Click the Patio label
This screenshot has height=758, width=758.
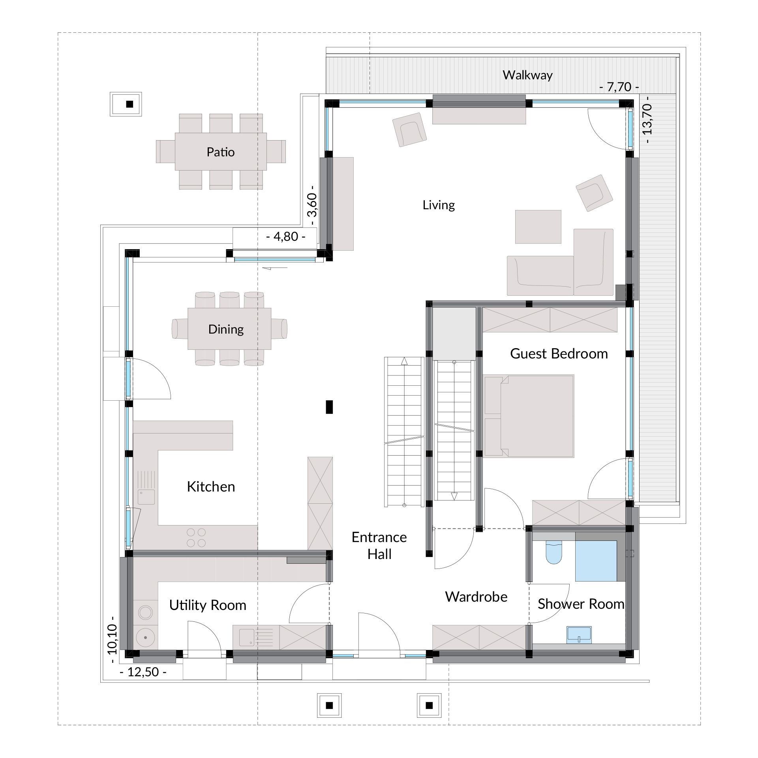coord(221,152)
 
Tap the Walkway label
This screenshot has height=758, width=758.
coord(527,75)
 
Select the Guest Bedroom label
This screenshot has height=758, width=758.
coord(559,353)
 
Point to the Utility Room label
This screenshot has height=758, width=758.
coord(208,605)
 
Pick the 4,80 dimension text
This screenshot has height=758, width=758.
coord(285,236)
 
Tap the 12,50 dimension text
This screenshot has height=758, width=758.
coord(143,672)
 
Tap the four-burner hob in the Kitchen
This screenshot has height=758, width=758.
coord(196,538)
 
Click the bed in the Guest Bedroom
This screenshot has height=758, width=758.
coord(528,416)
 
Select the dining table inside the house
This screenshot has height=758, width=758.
coord(229,328)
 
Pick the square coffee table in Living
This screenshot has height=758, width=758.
coord(538,227)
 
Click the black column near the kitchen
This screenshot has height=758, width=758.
coord(329,407)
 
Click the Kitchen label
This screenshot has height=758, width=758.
coord(211,487)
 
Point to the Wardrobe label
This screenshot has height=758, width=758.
coord(476,597)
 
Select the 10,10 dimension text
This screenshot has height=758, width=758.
coord(112,640)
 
